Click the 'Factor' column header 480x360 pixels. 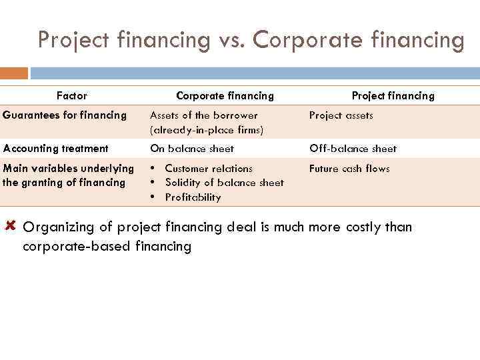pos(71,95)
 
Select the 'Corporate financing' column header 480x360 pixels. pos(225,95)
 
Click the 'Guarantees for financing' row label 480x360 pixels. pos(65,115)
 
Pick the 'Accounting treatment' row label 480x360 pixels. pos(55,149)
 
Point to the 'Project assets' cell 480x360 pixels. pos(341,115)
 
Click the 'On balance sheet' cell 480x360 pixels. pos(192,149)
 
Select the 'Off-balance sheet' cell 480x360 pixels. pos(353,149)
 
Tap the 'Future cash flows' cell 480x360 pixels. pos(349,169)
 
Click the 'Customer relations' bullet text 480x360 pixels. pos(209,169)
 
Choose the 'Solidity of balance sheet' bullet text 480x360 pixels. pos(224,183)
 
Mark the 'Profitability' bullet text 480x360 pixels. pos(193,197)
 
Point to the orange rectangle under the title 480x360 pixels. pos(14,73)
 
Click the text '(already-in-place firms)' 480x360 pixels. pos(207,130)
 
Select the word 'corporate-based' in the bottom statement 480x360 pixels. pos(76,247)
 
